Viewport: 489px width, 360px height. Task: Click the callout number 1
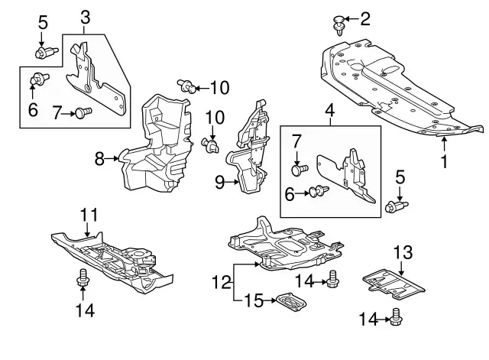(442, 161)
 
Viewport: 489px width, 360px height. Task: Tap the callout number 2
(364, 17)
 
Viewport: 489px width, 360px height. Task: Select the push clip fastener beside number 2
(338, 24)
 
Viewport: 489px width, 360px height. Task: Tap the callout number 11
(89, 215)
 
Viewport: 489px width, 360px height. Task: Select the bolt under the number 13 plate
(397, 316)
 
